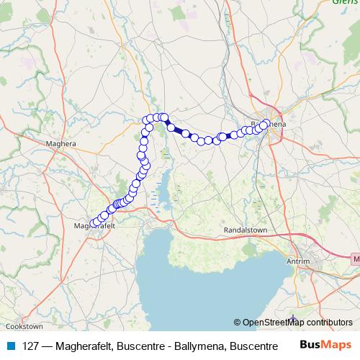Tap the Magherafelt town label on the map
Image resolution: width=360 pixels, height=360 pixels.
point(95,226)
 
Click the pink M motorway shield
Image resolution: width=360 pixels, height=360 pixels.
point(354,257)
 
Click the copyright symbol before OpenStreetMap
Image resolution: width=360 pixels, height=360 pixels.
point(238,323)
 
